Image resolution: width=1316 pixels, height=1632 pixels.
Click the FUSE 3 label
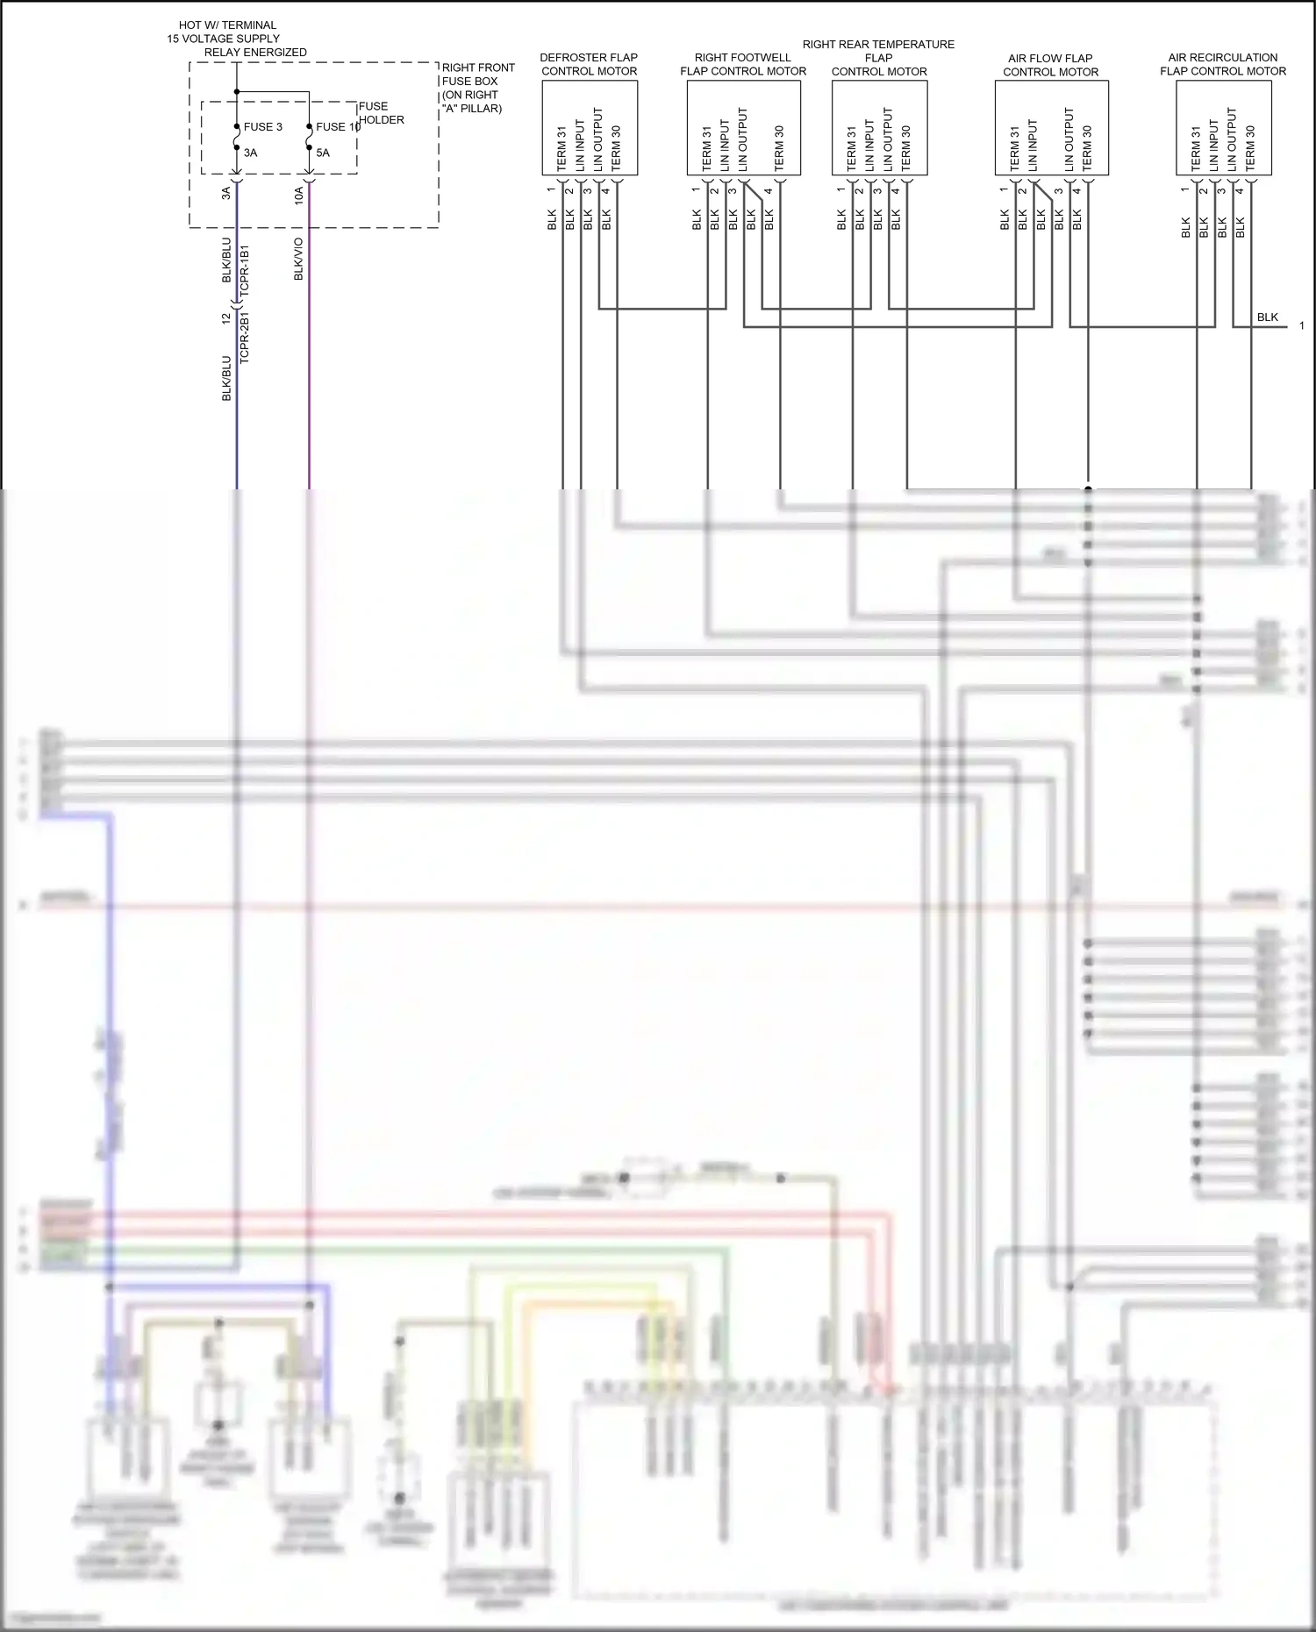(262, 127)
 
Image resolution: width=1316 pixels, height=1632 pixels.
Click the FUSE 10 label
(338, 127)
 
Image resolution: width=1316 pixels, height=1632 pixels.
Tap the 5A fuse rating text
(323, 153)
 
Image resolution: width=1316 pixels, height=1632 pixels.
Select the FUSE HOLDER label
(381, 113)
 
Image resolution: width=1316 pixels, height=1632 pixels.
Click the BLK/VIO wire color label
(298, 259)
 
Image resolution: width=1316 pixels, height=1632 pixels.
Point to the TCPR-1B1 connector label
(245, 270)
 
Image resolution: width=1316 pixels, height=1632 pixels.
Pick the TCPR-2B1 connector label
(245, 337)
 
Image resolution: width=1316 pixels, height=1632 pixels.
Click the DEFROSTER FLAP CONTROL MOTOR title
(589, 64)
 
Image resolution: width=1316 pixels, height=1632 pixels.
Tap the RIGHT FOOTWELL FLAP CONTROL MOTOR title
(743, 64)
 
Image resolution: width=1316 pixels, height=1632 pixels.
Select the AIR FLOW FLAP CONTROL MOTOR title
(1050, 65)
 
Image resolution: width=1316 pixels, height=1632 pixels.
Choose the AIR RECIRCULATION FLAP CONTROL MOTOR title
(1223, 64)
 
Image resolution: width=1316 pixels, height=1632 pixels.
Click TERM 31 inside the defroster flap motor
(561, 148)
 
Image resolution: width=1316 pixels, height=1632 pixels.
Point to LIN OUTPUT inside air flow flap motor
(1069, 139)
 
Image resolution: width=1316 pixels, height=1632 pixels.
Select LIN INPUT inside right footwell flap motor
(725, 145)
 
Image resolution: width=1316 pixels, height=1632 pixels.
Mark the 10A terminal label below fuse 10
(299, 195)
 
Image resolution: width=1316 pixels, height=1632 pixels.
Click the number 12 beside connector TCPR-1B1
(225, 318)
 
